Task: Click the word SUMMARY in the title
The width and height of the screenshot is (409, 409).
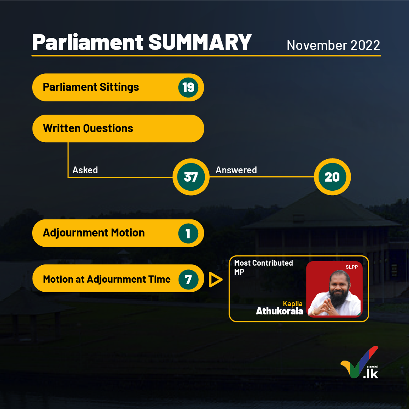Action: click(x=200, y=42)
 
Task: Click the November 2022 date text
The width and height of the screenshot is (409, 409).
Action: click(x=333, y=45)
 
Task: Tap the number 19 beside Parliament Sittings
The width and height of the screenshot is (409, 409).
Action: click(x=188, y=87)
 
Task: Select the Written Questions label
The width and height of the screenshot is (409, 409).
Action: click(x=88, y=128)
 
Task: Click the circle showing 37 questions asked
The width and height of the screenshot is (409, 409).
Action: click(x=191, y=177)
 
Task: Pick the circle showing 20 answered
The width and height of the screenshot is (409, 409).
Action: click(x=332, y=177)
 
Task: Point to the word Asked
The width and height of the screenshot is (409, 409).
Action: click(x=85, y=170)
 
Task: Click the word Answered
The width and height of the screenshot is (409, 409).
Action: click(x=236, y=170)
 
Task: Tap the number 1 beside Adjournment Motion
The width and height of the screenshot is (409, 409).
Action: click(x=188, y=233)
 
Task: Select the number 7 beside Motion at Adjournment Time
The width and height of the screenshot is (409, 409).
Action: click(x=188, y=280)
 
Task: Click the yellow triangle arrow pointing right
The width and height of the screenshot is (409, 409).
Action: click(x=215, y=280)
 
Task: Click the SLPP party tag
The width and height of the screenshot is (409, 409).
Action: click(x=351, y=267)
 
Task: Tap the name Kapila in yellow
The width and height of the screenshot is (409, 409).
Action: click(x=293, y=303)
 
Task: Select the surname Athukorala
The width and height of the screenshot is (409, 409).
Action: click(x=279, y=311)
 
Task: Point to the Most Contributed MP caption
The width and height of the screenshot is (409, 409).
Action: click(x=263, y=267)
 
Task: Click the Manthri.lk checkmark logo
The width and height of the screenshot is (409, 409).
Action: click(x=359, y=362)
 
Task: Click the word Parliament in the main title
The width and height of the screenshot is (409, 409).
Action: click(x=88, y=42)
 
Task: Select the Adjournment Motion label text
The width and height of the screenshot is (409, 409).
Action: click(x=93, y=233)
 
